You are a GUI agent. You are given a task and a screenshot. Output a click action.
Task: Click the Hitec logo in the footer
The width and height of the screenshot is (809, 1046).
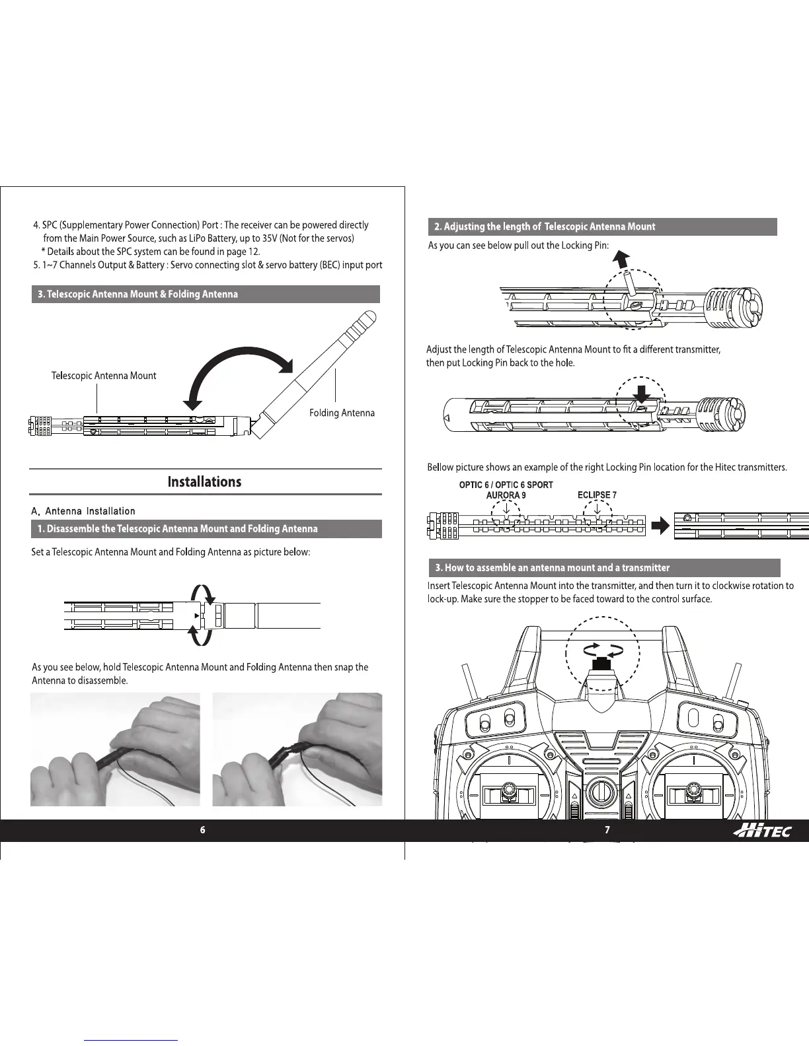click(x=761, y=831)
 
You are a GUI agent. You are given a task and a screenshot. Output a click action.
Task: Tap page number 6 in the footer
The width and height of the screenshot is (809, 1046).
click(x=203, y=830)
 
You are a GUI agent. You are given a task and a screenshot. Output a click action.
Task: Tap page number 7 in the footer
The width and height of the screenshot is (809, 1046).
click(x=607, y=830)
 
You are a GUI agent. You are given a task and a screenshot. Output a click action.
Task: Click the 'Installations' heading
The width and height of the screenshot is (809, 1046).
click(x=204, y=481)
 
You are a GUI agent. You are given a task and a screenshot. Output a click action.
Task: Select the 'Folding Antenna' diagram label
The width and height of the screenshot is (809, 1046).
click(x=342, y=413)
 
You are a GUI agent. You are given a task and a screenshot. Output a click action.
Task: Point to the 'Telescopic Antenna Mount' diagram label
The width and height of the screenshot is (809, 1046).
click(x=104, y=376)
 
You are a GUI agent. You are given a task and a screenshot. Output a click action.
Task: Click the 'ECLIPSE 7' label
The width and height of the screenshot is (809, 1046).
click(x=597, y=495)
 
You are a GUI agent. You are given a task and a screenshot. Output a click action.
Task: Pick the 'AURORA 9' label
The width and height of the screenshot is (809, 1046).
click(x=506, y=495)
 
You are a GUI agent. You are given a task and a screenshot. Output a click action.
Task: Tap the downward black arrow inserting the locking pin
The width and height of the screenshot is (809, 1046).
click(x=641, y=392)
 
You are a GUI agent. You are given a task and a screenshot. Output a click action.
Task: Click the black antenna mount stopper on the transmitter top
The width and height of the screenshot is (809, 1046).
click(x=601, y=664)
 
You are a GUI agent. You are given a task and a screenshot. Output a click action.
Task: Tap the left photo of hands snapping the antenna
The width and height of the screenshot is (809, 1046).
click(x=115, y=749)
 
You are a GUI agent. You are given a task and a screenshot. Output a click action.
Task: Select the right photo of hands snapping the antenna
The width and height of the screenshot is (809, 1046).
click(x=297, y=749)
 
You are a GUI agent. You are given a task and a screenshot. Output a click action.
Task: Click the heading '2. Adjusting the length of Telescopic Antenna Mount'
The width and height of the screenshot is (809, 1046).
click(x=545, y=227)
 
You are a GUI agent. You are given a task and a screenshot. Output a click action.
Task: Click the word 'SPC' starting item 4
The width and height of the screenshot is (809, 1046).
click(x=50, y=225)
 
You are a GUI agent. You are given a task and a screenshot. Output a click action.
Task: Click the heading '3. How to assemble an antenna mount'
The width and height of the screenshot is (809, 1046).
click(x=552, y=567)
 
